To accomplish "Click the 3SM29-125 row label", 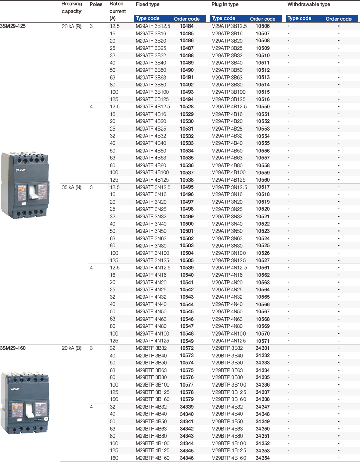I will coord(13,26).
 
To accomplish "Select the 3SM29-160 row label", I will coord(13,348).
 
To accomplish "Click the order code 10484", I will coord(186,26).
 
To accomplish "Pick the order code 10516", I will coord(263,99).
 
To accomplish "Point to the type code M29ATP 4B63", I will coord(227,158).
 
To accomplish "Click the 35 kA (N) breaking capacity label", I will coord(71,187).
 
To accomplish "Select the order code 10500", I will coord(186,224).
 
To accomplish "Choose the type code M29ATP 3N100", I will coord(228,253).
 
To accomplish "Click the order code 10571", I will coord(263,341).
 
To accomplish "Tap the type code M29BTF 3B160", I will coord(152,399).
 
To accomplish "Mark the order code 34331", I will coord(263,348).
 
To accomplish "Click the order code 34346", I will coord(186,458).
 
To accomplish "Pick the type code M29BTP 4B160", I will coord(229,458).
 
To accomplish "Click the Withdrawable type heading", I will coord(309,4).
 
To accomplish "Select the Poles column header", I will coord(96,4).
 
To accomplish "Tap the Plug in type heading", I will coord(225,4).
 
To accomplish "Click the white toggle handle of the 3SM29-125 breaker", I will coord(33,192).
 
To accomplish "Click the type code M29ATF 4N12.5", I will coord(153,268).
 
